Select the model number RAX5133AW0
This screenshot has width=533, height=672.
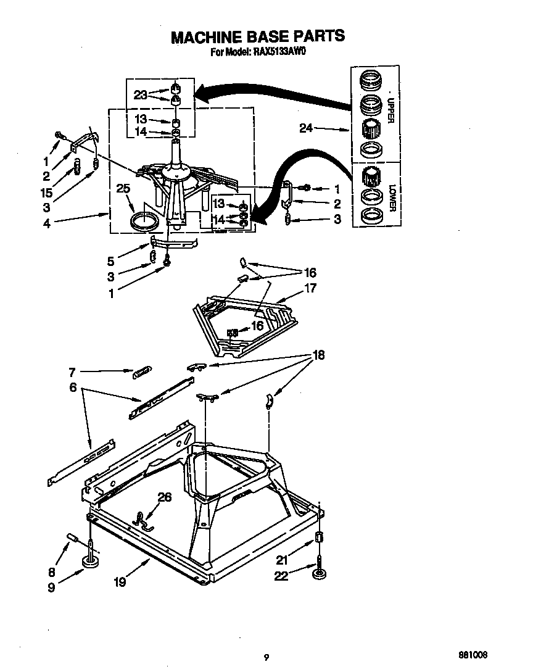279,53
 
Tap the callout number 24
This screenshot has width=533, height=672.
307,128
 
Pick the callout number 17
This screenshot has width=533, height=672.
310,288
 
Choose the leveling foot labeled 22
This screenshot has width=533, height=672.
320,574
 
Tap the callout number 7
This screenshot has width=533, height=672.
72,372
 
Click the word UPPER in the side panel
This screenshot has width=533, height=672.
390,110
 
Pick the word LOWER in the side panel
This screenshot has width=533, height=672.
390,197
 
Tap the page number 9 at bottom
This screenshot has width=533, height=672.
266,657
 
